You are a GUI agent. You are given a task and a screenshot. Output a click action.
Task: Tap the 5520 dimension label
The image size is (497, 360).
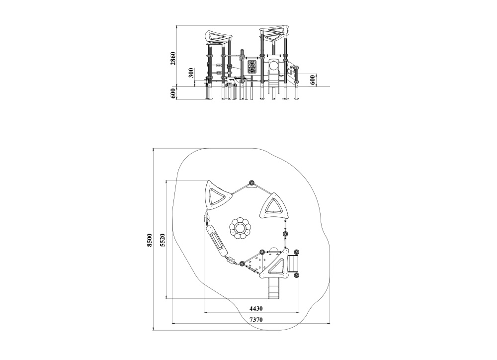pos(162,239)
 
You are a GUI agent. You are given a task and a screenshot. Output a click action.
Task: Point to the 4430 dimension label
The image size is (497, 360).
pos(256,308)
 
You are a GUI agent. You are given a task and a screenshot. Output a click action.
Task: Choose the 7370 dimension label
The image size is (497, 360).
pos(255,320)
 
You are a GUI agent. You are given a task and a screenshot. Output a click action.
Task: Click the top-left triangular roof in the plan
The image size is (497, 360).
pos(217,196)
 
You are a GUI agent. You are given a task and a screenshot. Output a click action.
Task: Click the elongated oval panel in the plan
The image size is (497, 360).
pos(216,240)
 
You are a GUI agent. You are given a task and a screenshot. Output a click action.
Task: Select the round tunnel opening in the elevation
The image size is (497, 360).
pos(273,64)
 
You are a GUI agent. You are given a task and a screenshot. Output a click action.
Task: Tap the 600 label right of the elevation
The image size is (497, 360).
pos(313,80)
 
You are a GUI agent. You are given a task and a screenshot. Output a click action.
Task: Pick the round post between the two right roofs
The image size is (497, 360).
pos(286,234)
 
